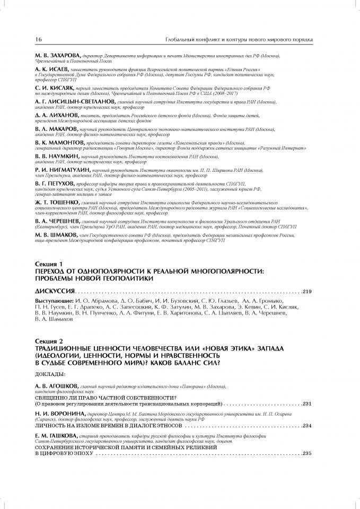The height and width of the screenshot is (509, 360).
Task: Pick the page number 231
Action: [x=309, y=403]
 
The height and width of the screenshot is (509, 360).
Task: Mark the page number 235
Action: [x=309, y=453]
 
